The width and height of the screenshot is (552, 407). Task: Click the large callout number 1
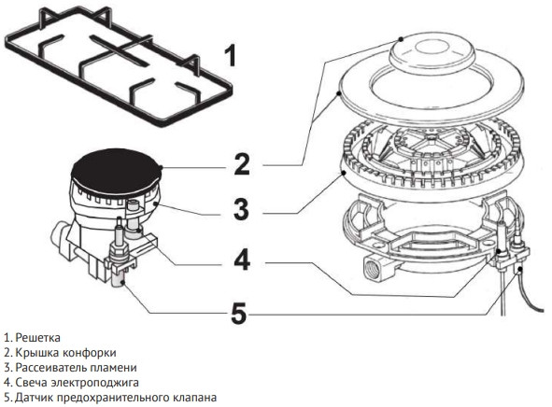click(x=229, y=56)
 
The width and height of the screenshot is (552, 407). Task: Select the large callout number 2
click(x=242, y=164)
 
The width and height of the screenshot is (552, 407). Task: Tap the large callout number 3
click(x=241, y=208)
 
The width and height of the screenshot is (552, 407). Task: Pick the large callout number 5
click(x=240, y=313)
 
